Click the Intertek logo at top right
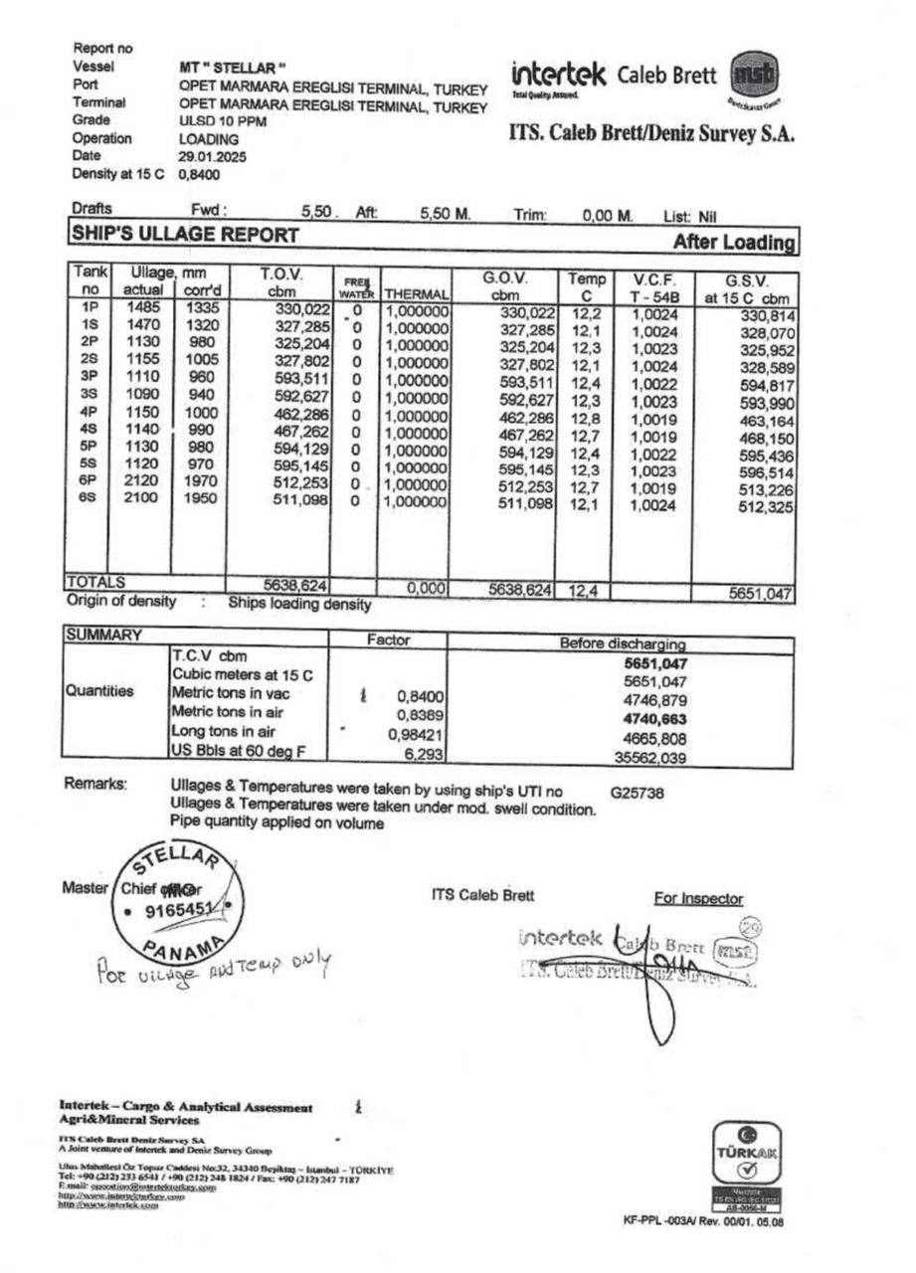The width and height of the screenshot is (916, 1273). point(559,76)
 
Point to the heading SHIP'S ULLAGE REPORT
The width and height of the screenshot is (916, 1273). point(184,236)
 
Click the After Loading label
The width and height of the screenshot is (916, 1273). point(734,243)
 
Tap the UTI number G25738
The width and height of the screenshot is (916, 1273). point(638,794)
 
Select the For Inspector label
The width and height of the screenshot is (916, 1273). point(698,899)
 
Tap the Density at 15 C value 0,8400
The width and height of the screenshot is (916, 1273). point(199,174)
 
